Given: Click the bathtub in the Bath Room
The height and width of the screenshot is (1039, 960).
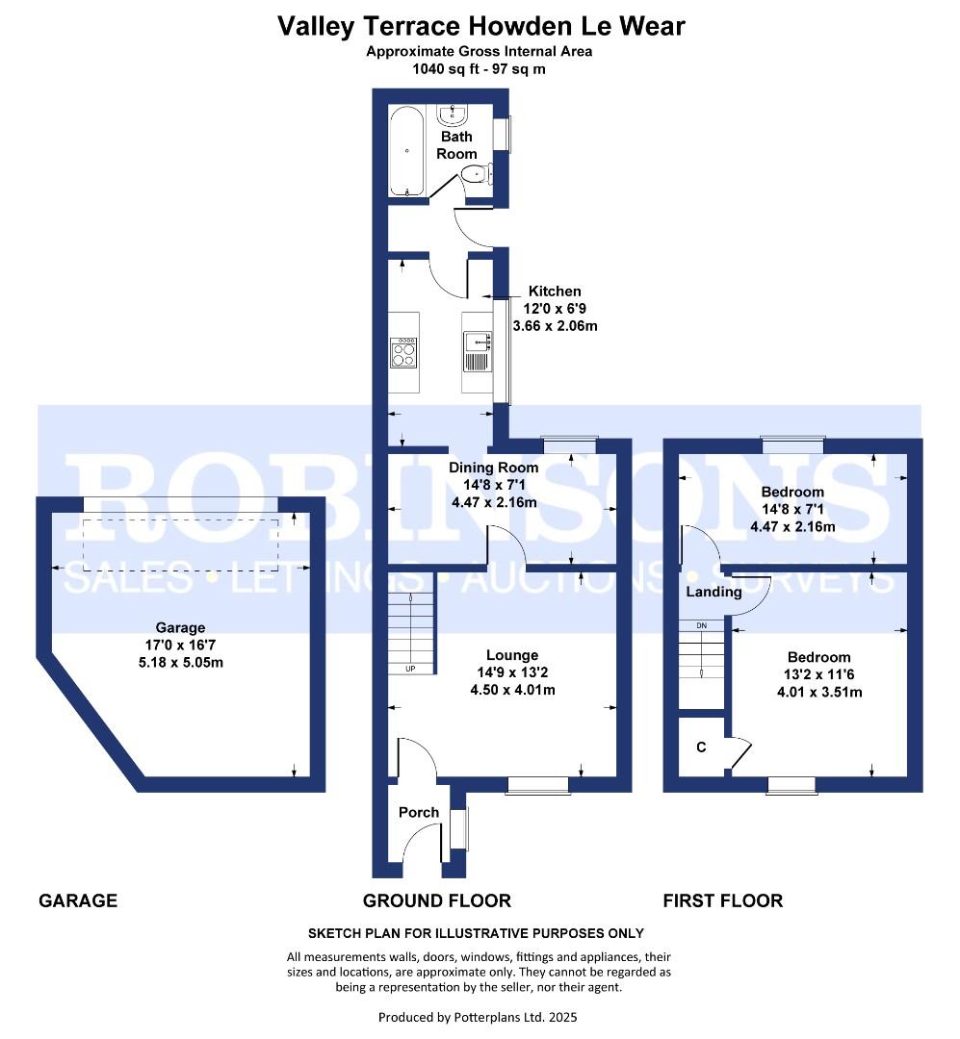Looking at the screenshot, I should point(407,150).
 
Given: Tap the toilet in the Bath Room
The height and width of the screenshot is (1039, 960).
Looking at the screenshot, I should point(475,174).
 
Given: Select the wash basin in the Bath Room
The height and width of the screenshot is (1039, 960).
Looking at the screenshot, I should point(452,116).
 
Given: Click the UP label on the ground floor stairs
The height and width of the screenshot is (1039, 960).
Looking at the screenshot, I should point(410,668).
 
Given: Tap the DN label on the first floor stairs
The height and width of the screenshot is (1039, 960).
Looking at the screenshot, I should point(702,625).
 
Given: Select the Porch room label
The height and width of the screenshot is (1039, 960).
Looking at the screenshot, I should point(419,813).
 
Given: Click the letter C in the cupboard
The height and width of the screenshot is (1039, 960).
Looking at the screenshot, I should point(701,747).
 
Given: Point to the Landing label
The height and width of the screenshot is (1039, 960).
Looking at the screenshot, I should point(714,592).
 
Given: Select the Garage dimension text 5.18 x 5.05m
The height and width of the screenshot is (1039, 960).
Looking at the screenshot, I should point(181,662).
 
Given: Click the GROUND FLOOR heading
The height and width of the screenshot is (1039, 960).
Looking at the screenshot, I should point(436,901).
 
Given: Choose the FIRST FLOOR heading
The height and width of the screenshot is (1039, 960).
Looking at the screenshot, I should point(722,901).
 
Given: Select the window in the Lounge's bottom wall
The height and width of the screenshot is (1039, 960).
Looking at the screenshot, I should point(537,786).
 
